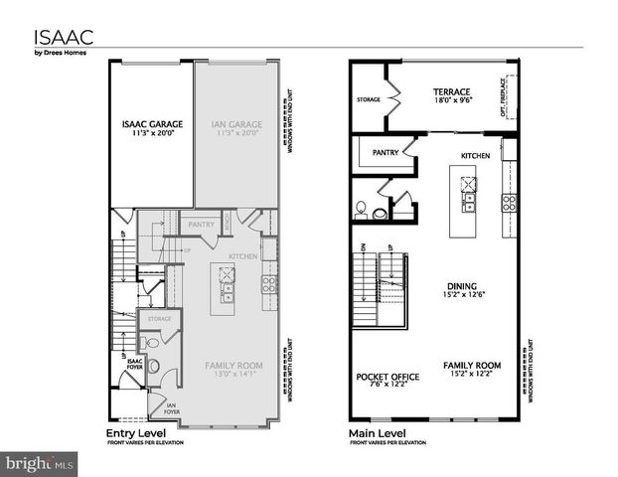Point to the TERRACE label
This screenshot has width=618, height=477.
point(453,90)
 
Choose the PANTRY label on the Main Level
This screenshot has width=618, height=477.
point(386,153)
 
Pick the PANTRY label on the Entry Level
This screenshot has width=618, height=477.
point(202,225)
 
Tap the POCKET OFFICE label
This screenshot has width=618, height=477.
point(387,378)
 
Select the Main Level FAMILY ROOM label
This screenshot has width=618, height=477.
point(471,366)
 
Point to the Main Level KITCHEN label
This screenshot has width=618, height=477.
point(475,156)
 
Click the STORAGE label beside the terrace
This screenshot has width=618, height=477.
point(369,100)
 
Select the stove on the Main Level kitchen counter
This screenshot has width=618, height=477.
point(509,202)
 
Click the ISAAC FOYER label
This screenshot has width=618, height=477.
point(123,363)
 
